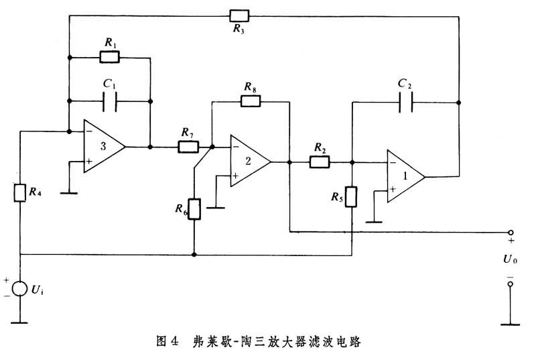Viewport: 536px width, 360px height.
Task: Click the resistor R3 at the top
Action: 239,15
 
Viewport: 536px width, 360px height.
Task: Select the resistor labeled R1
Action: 110,57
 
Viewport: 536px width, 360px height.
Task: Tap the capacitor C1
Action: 111,102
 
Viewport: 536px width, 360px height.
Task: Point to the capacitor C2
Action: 405,102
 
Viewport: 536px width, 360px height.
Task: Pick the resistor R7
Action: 188,146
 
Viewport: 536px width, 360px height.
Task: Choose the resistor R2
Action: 320,161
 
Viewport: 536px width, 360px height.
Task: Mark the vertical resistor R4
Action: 21,192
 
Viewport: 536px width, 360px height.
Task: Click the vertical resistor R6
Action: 194,209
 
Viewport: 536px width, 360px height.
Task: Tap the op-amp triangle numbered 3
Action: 103,146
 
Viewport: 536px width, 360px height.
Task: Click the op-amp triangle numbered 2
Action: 248,161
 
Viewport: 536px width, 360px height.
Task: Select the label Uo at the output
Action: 511,258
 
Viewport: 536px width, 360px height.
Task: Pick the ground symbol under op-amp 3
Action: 68,192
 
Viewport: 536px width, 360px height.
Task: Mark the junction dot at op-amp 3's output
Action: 150,146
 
